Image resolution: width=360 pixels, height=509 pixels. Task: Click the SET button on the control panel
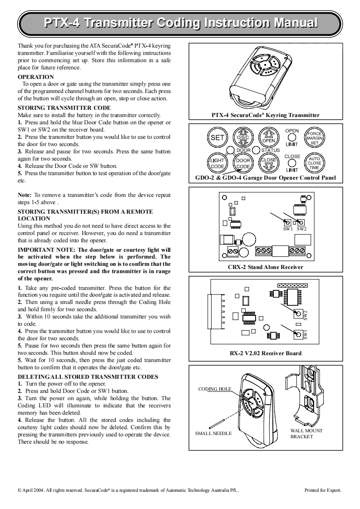point(217,137)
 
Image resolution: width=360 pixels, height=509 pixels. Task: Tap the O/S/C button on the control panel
point(242,137)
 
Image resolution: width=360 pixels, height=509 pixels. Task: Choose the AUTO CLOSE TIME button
point(314,163)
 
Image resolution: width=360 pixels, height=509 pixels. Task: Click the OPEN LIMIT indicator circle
point(292,137)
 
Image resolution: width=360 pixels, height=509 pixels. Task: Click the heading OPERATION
point(35,77)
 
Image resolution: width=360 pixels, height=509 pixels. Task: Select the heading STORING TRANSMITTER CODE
point(64,108)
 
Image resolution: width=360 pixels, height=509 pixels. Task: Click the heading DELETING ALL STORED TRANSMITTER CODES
point(88,377)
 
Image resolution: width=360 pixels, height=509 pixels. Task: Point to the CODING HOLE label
point(215,389)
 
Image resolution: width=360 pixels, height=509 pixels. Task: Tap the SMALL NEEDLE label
point(213,433)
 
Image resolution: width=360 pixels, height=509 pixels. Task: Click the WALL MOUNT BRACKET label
point(306,434)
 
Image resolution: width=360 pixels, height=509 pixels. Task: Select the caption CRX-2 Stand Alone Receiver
point(265,267)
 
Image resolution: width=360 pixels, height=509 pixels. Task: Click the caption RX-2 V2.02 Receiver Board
point(265,353)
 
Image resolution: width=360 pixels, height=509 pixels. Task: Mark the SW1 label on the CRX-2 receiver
point(288,229)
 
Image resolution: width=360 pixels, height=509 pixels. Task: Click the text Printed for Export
point(323,490)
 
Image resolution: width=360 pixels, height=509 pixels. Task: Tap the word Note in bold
point(25,195)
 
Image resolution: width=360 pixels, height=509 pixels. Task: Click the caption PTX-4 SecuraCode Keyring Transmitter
point(265,115)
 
